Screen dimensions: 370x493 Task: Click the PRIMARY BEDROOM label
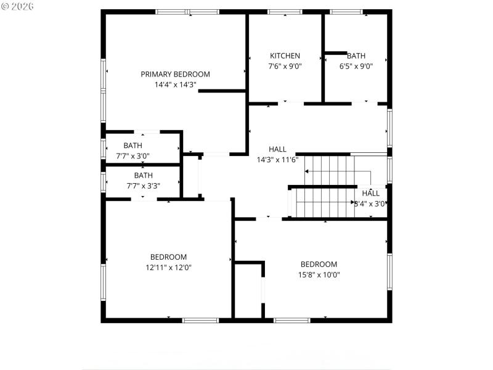click(175, 74)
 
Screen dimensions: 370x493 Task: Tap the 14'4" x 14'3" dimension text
click(175, 85)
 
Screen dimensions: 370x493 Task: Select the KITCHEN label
click(285, 55)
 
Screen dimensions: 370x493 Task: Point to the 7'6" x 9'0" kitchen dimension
click(285, 67)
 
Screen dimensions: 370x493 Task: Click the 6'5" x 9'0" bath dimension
click(356, 67)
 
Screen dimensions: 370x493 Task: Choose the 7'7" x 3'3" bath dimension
click(144, 186)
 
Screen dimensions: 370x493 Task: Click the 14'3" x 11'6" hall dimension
click(277, 160)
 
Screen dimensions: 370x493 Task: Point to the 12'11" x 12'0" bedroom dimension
click(168, 268)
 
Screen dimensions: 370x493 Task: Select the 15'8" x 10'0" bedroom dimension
click(319, 275)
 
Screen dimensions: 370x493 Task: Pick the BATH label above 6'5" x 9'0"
click(356, 55)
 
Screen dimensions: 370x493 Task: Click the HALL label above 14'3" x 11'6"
click(277, 149)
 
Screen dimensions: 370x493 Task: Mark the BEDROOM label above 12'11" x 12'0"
click(168, 257)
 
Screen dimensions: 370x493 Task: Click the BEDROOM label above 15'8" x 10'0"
click(319, 265)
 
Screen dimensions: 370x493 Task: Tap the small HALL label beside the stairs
click(370, 193)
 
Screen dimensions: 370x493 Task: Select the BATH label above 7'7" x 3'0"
click(132, 146)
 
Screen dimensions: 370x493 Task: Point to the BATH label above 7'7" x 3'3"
click(144, 175)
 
